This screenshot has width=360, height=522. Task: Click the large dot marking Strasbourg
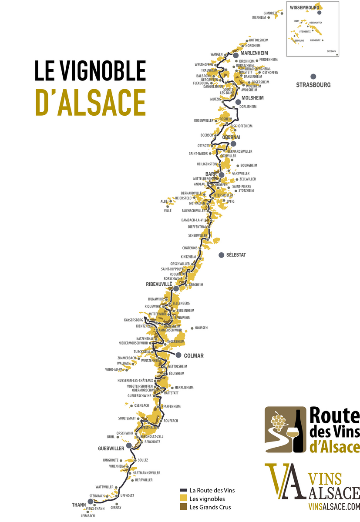point(313,77)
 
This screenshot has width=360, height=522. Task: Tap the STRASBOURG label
point(313,85)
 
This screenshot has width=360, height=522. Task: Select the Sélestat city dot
point(222,255)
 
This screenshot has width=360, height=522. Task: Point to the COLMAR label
point(194,356)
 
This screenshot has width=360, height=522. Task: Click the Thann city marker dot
point(91,502)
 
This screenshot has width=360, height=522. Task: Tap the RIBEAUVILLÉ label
point(159,284)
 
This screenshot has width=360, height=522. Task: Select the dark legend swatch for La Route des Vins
point(183,491)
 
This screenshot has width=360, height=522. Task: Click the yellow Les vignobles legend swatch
point(183,499)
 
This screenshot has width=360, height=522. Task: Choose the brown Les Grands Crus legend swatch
point(183,507)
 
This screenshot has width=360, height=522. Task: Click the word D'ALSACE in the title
point(91,103)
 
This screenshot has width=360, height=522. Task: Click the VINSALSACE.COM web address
point(334,506)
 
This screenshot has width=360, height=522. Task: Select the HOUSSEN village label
point(201,328)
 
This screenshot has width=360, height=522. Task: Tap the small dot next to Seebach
point(337,55)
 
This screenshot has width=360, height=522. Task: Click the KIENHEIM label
point(259,17)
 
